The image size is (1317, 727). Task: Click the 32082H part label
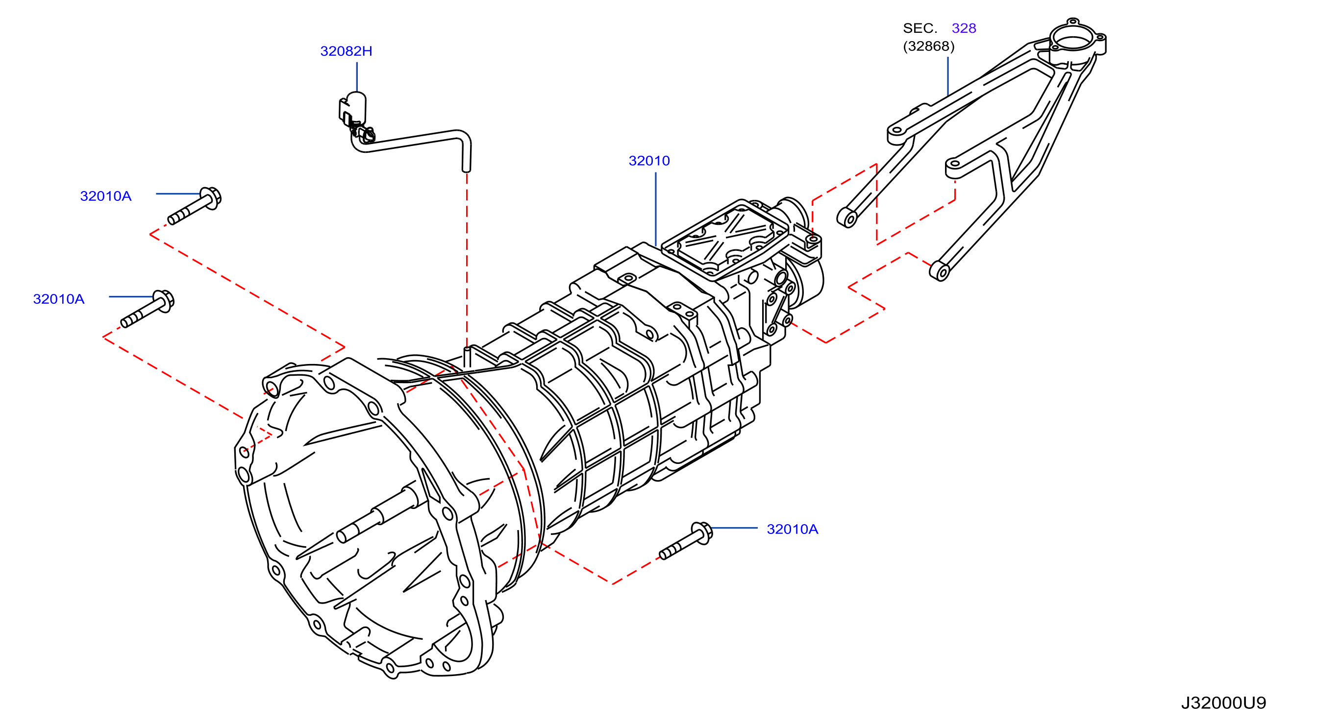[346, 51]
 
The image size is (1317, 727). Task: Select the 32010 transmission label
[649, 161]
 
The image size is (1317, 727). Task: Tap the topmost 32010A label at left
[106, 196]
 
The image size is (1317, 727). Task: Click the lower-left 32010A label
[59, 299]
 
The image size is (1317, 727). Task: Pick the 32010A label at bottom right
[793, 529]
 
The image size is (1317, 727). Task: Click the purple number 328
[964, 28]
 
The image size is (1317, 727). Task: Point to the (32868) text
[929, 47]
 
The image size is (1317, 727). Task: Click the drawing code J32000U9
[1223, 703]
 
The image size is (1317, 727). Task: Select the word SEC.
[920, 28]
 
